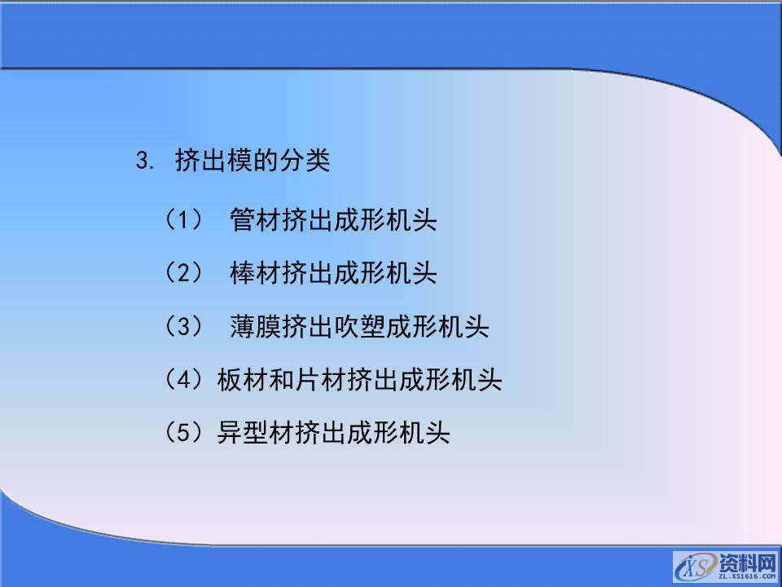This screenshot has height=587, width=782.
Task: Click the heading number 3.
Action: coord(144,161)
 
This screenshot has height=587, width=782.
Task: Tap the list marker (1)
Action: coord(183,219)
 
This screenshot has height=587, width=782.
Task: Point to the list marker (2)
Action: coord(183,272)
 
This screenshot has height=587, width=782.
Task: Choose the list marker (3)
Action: coord(183,327)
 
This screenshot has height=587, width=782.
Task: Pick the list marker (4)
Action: coord(183,379)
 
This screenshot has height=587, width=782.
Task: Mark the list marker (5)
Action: coord(183,431)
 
